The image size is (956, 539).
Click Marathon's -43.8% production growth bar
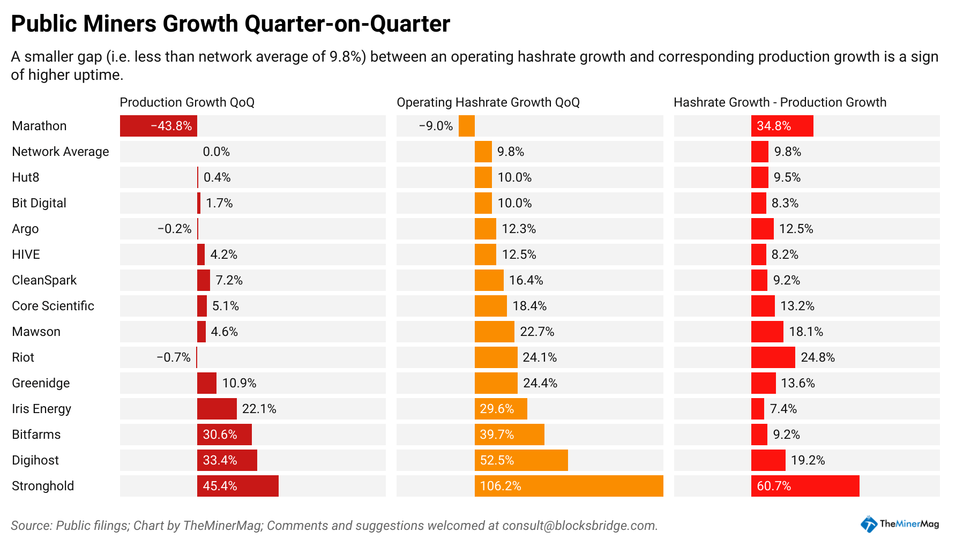159,126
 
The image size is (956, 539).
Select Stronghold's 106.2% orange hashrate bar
569,486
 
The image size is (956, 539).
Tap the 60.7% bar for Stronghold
805,486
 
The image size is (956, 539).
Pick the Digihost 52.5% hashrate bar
521,460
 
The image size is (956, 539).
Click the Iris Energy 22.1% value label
259,409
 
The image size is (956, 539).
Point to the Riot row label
23,357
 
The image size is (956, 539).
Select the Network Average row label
60,152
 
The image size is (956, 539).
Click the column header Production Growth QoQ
187,102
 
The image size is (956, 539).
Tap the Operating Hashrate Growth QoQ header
488,102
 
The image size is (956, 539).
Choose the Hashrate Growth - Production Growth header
780,102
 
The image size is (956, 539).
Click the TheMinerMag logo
900,524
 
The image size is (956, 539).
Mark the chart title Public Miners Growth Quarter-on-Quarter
230,24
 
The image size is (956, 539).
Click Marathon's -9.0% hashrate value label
436,126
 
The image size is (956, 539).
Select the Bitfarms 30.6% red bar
225,435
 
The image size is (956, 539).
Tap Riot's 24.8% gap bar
773,357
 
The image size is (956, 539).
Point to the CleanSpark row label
44,280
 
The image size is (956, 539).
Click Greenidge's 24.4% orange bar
496,383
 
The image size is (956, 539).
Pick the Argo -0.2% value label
174,229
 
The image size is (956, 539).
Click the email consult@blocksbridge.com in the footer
579,526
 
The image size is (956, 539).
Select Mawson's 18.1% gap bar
767,332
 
